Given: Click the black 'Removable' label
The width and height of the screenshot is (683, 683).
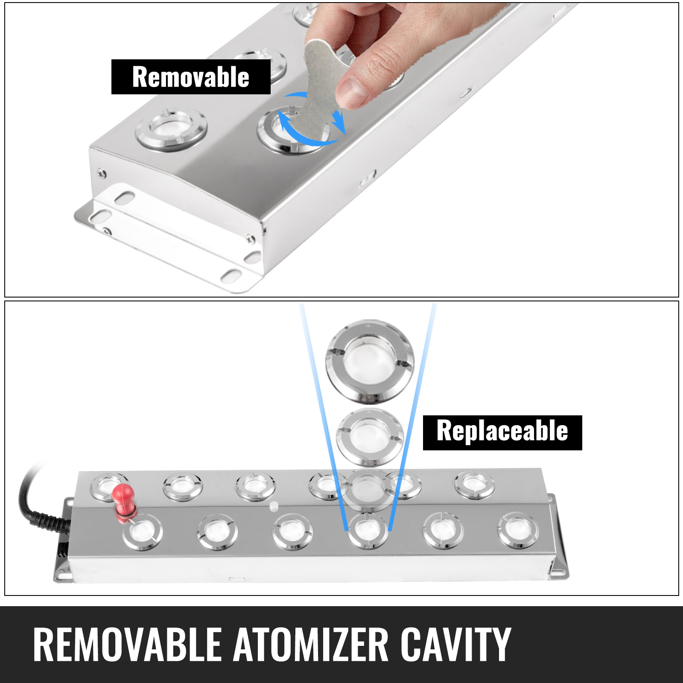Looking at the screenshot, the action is (191, 77).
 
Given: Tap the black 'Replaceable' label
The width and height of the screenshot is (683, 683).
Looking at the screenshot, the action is (502, 432).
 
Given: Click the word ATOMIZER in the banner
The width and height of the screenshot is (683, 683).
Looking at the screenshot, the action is (311, 645).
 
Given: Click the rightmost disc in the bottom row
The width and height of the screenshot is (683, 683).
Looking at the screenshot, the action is (518, 531).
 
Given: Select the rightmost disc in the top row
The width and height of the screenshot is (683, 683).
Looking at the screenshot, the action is (474, 485).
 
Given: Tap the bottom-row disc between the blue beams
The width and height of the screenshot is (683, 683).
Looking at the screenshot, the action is (368, 531).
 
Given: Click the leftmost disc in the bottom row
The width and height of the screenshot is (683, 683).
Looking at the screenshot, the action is (142, 532).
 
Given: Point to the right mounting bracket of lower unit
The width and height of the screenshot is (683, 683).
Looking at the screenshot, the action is (559, 538).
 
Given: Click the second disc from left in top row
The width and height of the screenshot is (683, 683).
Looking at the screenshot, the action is (183, 487).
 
